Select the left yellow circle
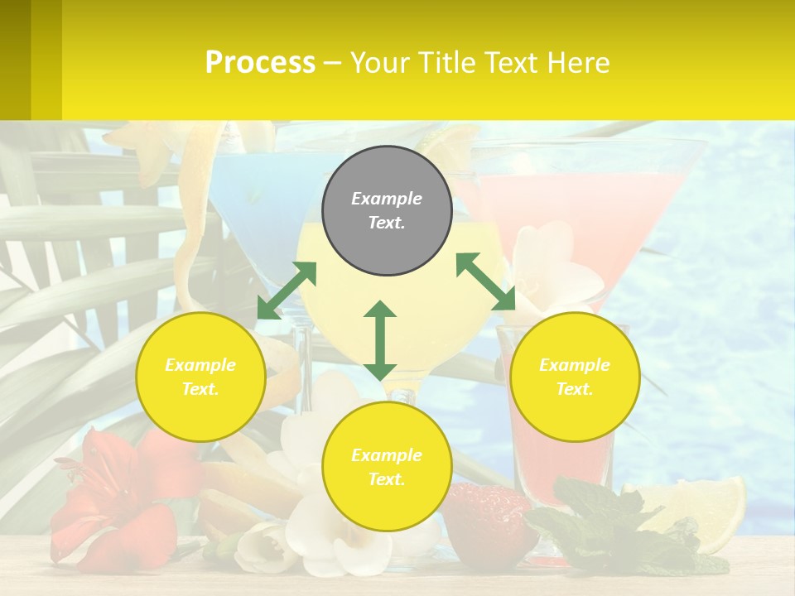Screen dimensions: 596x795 point(200,377)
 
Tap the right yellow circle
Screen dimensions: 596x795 point(575,377)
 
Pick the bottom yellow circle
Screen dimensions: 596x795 point(387,467)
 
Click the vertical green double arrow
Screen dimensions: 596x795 point(380,340)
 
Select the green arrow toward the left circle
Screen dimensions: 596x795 point(287,291)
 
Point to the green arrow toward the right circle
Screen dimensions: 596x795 point(486,281)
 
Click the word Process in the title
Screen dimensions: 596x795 point(260,62)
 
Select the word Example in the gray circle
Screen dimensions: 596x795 point(387,199)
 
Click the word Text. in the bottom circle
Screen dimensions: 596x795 point(387,479)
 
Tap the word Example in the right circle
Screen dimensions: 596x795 point(575,365)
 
